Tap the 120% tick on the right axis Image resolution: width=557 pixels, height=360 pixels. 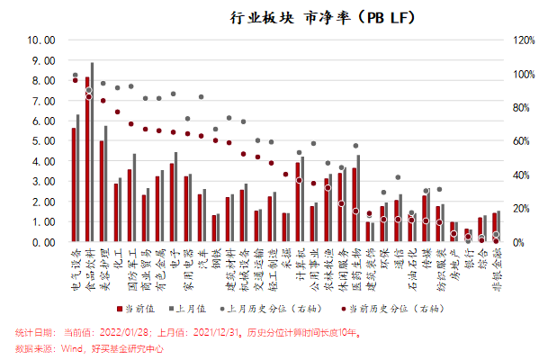coord(524,40)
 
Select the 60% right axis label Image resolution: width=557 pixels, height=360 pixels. coord(522,141)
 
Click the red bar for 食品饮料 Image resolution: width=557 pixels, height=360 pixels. coord(87,160)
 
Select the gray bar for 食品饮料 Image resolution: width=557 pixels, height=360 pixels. coord(92,153)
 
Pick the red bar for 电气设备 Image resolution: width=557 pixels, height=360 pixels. coord(73,185)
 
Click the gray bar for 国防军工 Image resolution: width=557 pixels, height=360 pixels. coord(134,198)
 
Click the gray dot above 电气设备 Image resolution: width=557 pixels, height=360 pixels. coord(75,75)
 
